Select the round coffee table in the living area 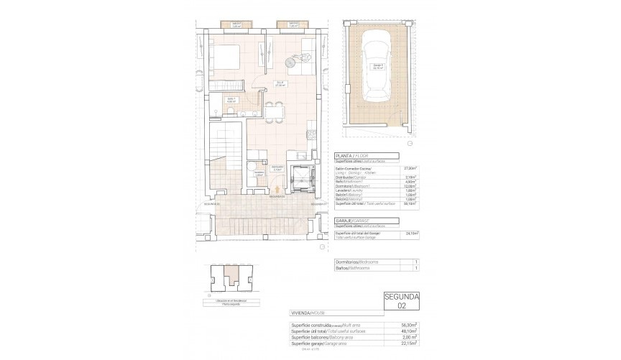click(x=291, y=62)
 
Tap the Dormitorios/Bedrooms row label click(x=357, y=262)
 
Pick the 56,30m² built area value click(x=410, y=325)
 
